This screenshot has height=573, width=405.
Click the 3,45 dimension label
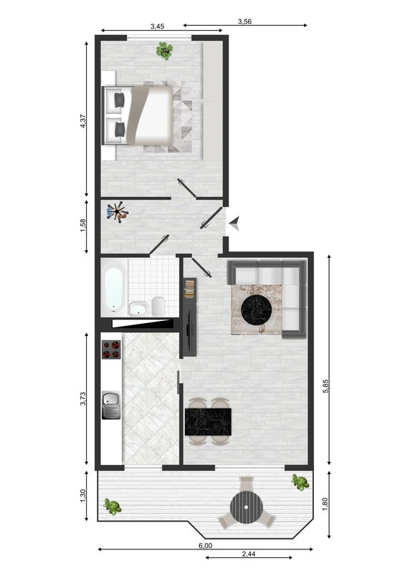(x=157, y=27)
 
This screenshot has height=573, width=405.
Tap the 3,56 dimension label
(x=244, y=21)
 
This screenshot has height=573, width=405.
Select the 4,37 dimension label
(x=83, y=121)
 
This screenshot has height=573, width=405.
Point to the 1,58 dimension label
(x=83, y=225)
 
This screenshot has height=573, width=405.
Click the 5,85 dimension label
(x=326, y=386)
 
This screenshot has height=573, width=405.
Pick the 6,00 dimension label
(x=205, y=546)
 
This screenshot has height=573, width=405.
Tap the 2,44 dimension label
(x=249, y=554)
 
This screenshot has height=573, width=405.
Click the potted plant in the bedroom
(x=165, y=50)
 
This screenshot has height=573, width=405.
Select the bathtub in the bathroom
(x=113, y=290)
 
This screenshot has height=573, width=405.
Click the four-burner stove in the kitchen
(x=111, y=349)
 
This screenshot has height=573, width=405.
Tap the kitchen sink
(x=111, y=405)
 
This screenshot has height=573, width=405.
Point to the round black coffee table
(x=257, y=310)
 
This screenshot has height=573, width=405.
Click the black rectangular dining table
(x=208, y=422)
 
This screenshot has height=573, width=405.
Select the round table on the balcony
(x=246, y=507)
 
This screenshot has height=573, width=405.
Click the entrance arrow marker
(x=234, y=223)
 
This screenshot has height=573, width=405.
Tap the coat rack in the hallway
(x=117, y=211)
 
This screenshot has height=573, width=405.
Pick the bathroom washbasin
(x=138, y=308)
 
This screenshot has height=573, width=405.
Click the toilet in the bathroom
(x=158, y=307)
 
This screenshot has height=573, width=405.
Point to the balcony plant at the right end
(x=300, y=482)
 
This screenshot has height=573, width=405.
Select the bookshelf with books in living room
(x=190, y=289)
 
